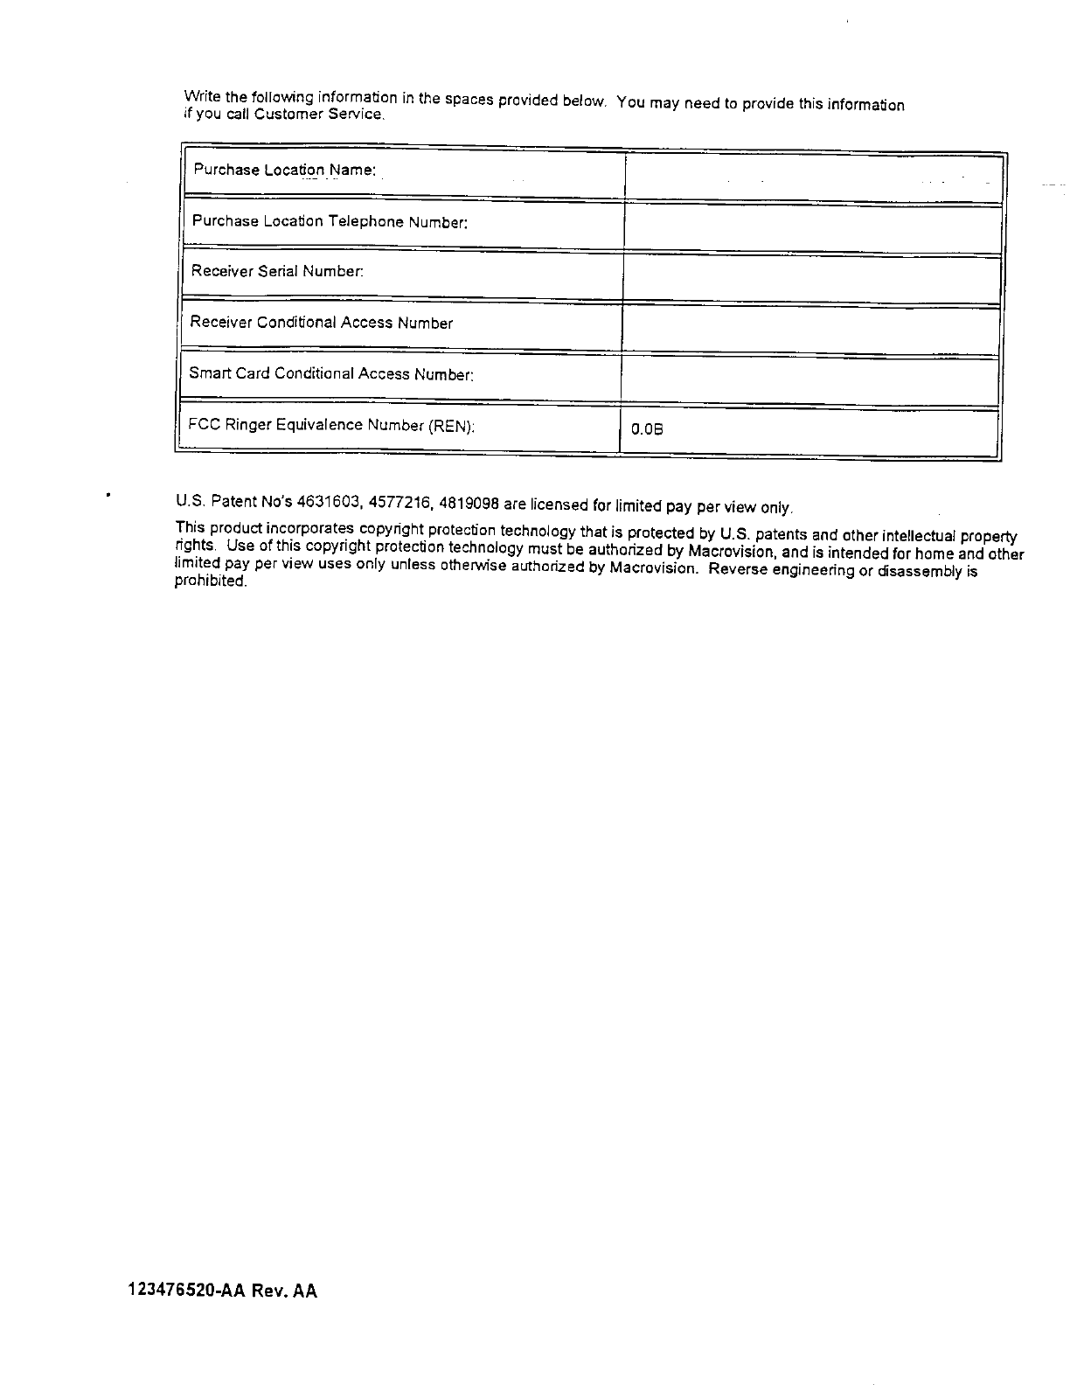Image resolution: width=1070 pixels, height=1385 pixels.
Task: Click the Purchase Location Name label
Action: pyautogui.click(x=284, y=170)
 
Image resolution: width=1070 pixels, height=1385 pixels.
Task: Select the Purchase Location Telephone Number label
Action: pyautogui.click(x=330, y=221)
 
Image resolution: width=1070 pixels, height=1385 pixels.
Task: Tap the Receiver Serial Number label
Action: pyautogui.click(x=277, y=271)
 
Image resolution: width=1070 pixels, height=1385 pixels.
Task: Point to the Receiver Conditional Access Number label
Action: pyautogui.click(x=321, y=323)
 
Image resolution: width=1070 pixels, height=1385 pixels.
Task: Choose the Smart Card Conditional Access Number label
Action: pyautogui.click(x=331, y=374)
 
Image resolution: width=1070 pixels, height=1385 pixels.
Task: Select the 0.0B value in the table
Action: pyautogui.click(x=647, y=429)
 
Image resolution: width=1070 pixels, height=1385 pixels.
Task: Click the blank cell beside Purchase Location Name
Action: pyautogui.click(x=813, y=177)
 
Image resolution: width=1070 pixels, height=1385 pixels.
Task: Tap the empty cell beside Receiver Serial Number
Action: pyautogui.click(x=810, y=279)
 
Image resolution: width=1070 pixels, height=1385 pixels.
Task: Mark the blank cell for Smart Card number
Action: pyautogui.click(x=809, y=381)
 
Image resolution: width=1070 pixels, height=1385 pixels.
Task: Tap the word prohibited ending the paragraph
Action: pyautogui.click(x=211, y=581)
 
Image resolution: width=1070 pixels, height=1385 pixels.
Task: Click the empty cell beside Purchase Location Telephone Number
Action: pyautogui.click(x=811, y=228)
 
